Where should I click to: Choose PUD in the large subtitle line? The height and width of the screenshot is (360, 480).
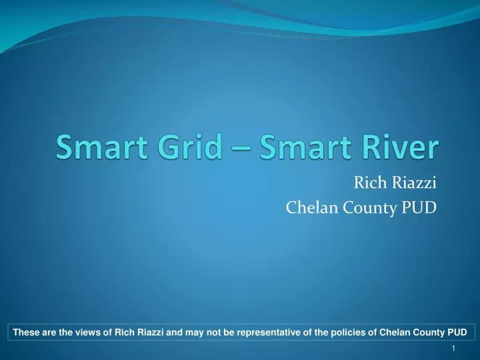pos(419,208)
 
